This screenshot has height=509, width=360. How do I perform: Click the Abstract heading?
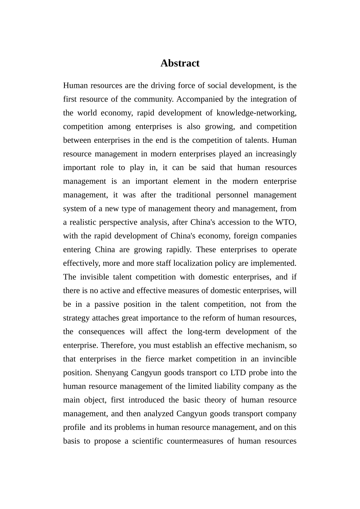click(180, 63)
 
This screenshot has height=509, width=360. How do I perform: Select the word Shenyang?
click(111, 373)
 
